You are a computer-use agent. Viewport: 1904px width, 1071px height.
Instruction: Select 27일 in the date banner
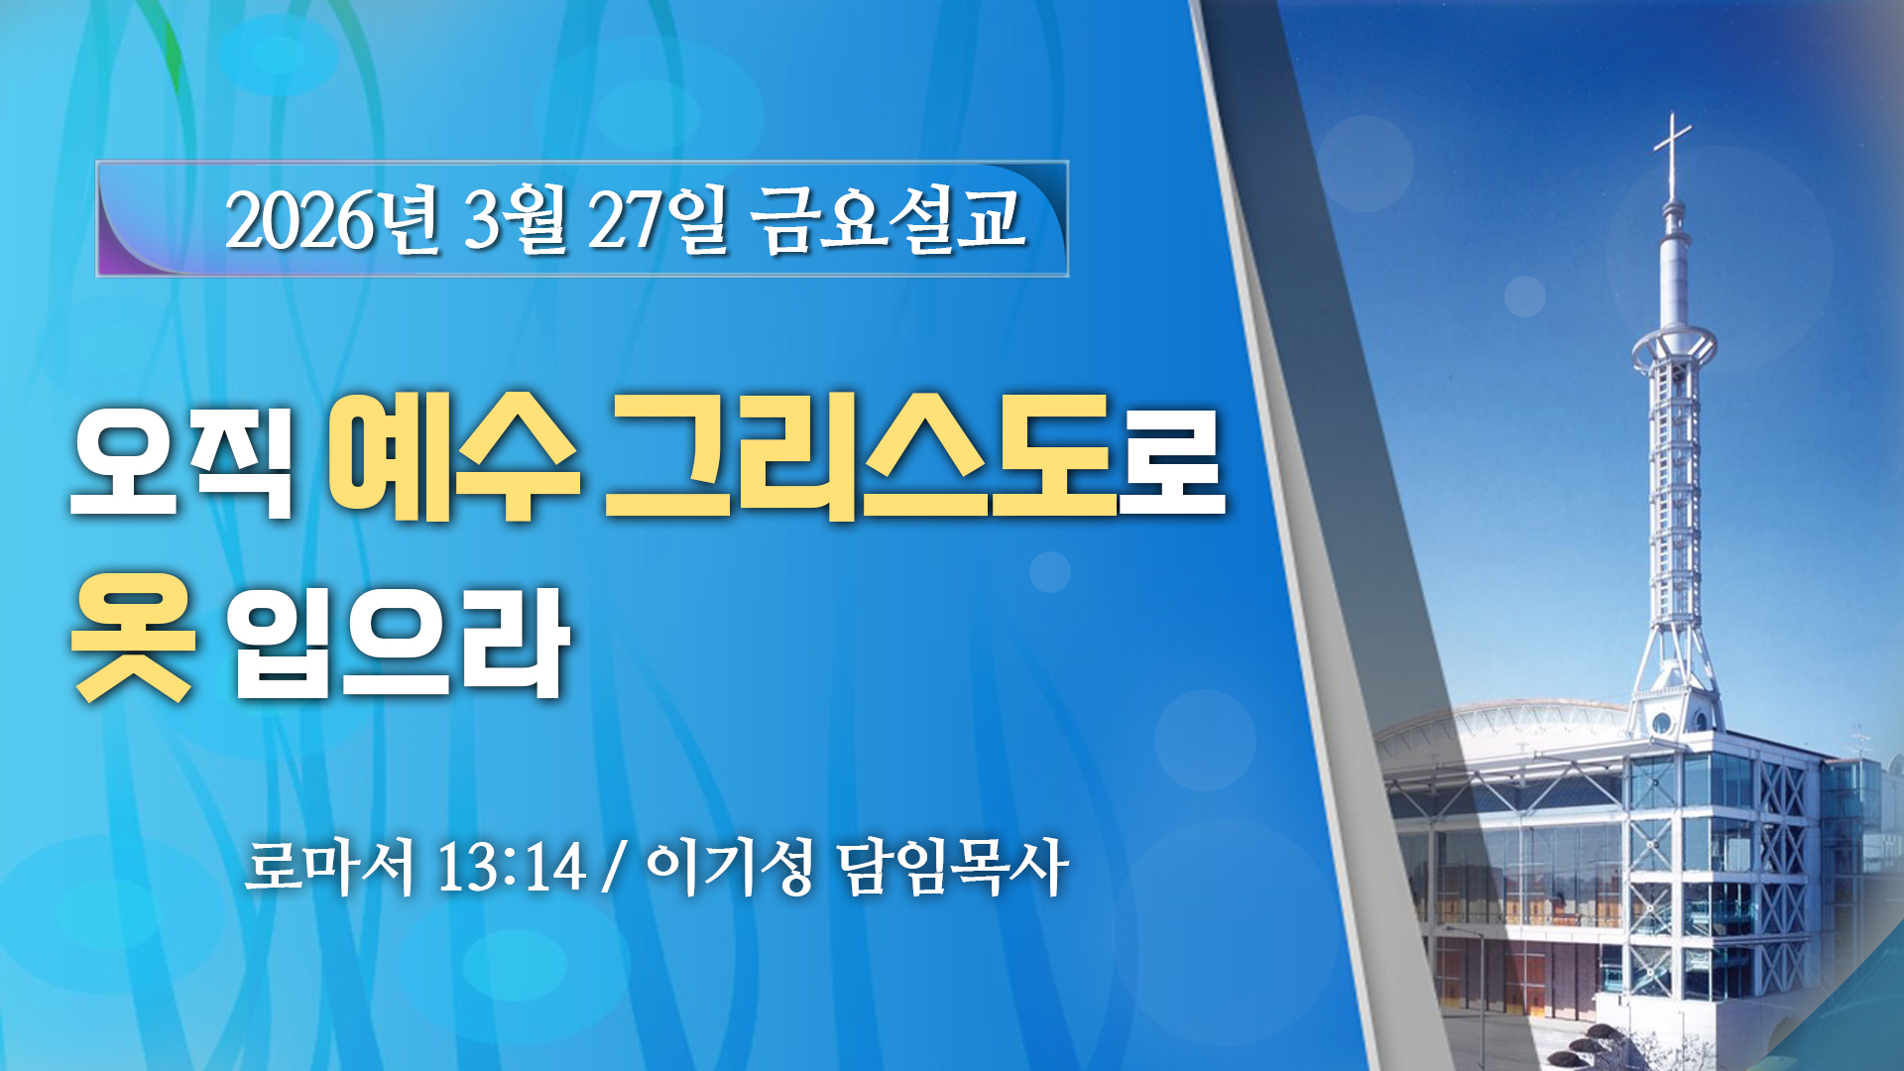click(x=658, y=219)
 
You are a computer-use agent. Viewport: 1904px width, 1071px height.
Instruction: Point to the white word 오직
click(x=182, y=459)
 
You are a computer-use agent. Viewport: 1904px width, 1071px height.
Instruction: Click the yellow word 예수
click(x=453, y=457)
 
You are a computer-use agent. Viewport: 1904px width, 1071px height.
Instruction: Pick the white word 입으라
click(x=399, y=642)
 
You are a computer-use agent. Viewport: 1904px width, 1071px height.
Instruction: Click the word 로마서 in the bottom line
click(x=329, y=867)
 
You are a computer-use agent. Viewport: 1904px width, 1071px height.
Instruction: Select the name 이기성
click(x=730, y=867)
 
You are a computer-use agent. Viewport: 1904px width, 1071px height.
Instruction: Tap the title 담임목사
click(x=953, y=867)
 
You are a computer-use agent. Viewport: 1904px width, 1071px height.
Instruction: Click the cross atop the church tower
click(x=1673, y=155)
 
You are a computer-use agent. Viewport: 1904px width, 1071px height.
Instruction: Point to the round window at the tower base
click(x=1662, y=723)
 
